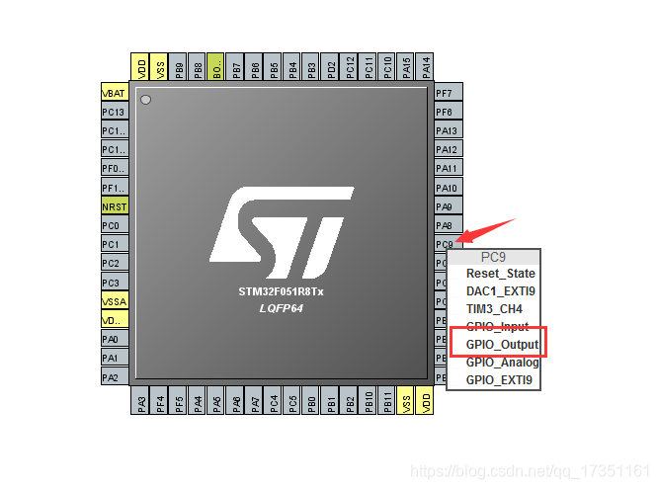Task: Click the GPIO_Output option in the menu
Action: pos(502,344)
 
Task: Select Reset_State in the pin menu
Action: pos(500,274)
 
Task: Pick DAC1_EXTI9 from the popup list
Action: pos(500,291)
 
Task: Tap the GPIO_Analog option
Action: pos(502,362)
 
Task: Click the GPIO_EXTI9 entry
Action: pos(499,379)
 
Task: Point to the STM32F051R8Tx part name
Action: pos(282,292)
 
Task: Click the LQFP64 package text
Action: pos(282,308)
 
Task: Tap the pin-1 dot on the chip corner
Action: pos(145,100)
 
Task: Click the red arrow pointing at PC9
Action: pos(489,231)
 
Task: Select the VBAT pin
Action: pos(115,93)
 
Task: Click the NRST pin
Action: pos(115,206)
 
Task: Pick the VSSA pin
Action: pos(115,301)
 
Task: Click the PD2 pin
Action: pos(331,67)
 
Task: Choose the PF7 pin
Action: pos(446,93)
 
